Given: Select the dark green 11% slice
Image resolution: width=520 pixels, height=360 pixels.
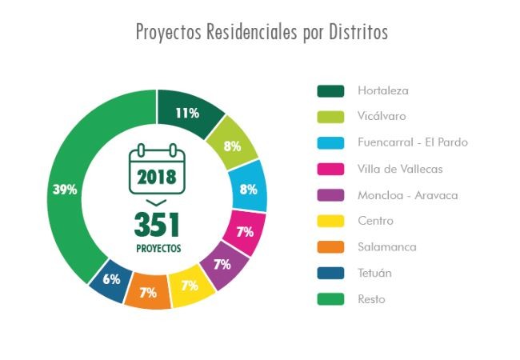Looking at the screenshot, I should tap(189, 112).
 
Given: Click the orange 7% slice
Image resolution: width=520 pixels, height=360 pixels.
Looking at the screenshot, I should tap(148, 291).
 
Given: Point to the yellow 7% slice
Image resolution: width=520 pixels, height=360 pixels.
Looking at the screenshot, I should tap(190, 286).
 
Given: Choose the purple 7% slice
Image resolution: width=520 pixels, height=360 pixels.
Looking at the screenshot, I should tap(222, 264).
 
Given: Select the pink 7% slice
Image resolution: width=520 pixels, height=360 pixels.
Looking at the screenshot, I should tap(245, 232).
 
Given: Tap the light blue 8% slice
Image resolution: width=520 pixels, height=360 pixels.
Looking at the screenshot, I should tap(248, 189).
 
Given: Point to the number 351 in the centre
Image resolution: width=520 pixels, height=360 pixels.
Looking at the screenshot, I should tap(157, 225).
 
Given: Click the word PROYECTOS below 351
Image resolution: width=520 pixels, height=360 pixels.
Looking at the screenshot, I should tap(157, 249).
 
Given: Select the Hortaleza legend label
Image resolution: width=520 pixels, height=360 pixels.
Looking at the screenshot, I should tap(383, 90).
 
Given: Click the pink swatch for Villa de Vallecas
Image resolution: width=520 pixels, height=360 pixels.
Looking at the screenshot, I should tap(330, 169).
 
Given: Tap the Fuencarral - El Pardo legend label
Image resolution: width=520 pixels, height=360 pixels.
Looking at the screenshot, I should tap(413, 142).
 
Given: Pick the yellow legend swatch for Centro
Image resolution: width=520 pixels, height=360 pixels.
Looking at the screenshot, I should tap(330, 221).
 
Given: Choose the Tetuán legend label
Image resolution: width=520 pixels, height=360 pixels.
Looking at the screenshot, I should tap(374, 273).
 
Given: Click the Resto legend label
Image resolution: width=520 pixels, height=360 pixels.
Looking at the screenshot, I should tap(371, 299).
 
